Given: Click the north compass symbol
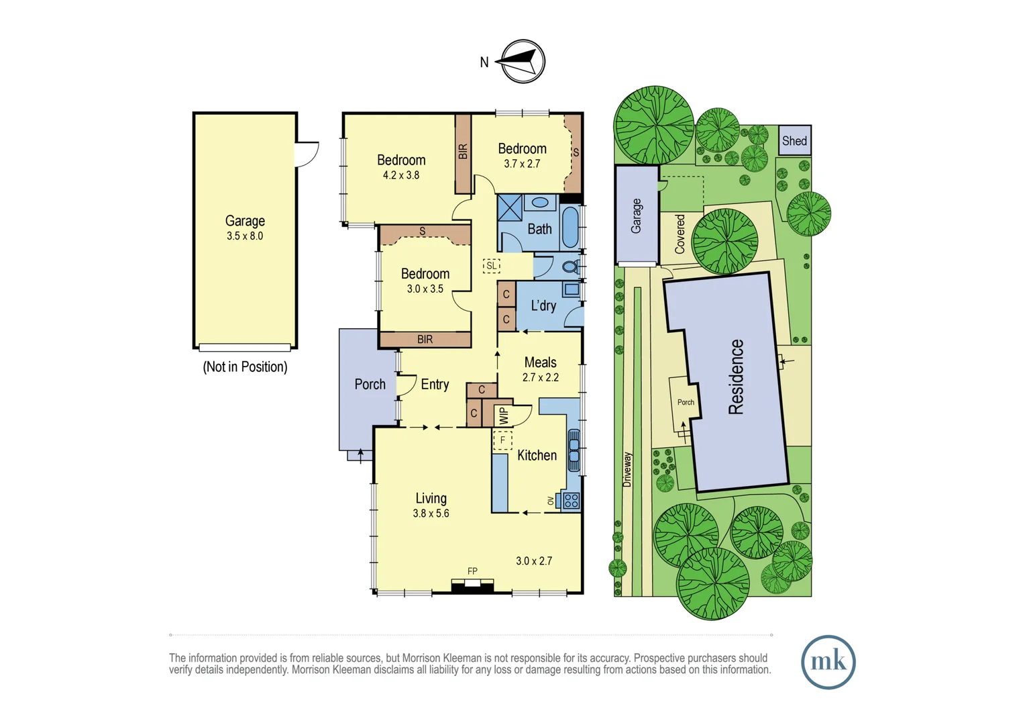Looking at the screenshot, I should pyautogui.click(x=523, y=62).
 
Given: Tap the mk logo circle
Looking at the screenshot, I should pyautogui.click(x=828, y=662).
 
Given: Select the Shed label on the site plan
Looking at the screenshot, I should pyautogui.click(x=794, y=141).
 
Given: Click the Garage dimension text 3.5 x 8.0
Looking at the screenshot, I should pyautogui.click(x=245, y=236).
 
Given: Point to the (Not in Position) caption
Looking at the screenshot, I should pyautogui.click(x=245, y=367).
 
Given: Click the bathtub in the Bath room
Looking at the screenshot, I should pyautogui.click(x=570, y=227).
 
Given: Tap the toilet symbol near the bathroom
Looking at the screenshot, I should pyautogui.click(x=570, y=267).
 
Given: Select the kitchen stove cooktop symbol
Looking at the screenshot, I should pyautogui.click(x=571, y=500).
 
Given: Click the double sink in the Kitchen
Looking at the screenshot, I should pyautogui.click(x=574, y=450).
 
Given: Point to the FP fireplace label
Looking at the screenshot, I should pyautogui.click(x=472, y=571).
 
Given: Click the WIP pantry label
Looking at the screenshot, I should pyautogui.click(x=503, y=416).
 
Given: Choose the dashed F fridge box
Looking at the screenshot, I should pyautogui.click(x=502, y=440).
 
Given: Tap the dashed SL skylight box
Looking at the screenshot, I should pyautogui.click(x=492, y=266).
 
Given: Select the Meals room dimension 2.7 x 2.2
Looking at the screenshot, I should pyautogui.click(x=540, y=378).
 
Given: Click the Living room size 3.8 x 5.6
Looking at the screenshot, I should pyautogui.click(x=431, y=514).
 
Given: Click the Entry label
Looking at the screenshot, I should pyautogui.click(x=435, y=385).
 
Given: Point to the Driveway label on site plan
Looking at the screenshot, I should pyautogui.click(x=627, y=469).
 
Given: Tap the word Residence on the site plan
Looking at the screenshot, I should pyautogui.click(x=736, y=377).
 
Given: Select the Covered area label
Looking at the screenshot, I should pyautogui.click(x=680, y=234).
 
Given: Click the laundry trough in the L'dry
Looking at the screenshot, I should pyautogui.click(x=571, y=290).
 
